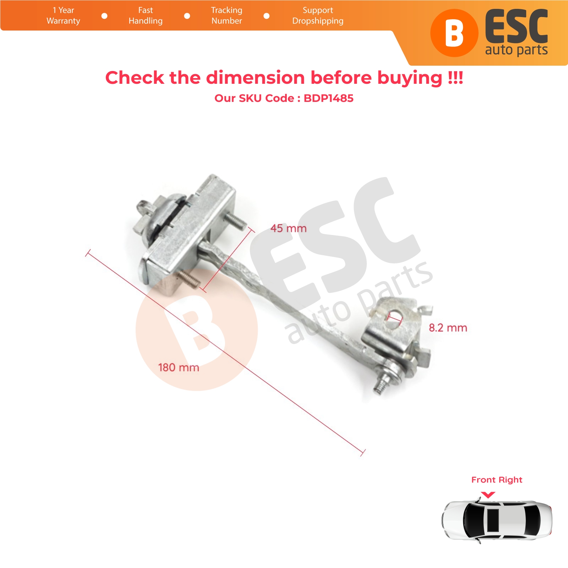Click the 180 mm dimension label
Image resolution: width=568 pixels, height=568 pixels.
[x=179, y=367]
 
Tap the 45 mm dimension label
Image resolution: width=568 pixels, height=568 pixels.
[x=288, y=228]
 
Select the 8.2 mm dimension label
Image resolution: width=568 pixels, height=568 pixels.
[x=448, y=328]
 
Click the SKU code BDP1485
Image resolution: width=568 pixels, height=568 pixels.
[x=329, y=98]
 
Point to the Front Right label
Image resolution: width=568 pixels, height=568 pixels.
[x=497, y=480]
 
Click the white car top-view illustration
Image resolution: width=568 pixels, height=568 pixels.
[x=497, y=520]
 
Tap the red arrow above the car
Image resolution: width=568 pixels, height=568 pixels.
[x=488, y=495]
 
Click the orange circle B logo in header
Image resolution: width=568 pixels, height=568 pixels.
[x=454, y=33]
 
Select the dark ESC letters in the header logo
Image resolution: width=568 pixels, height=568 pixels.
[x=517, y=27]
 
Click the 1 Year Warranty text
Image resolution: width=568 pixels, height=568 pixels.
[x=63, y=16]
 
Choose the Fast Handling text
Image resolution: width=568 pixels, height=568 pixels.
[x=146, y=16]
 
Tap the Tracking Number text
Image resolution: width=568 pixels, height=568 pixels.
[x=227, y=16]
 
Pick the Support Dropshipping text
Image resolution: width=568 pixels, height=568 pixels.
[x=318, y=16]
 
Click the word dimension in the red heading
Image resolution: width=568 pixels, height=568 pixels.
[x=256, y=77]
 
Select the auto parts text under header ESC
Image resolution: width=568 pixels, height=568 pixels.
[x=517, y=50]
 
